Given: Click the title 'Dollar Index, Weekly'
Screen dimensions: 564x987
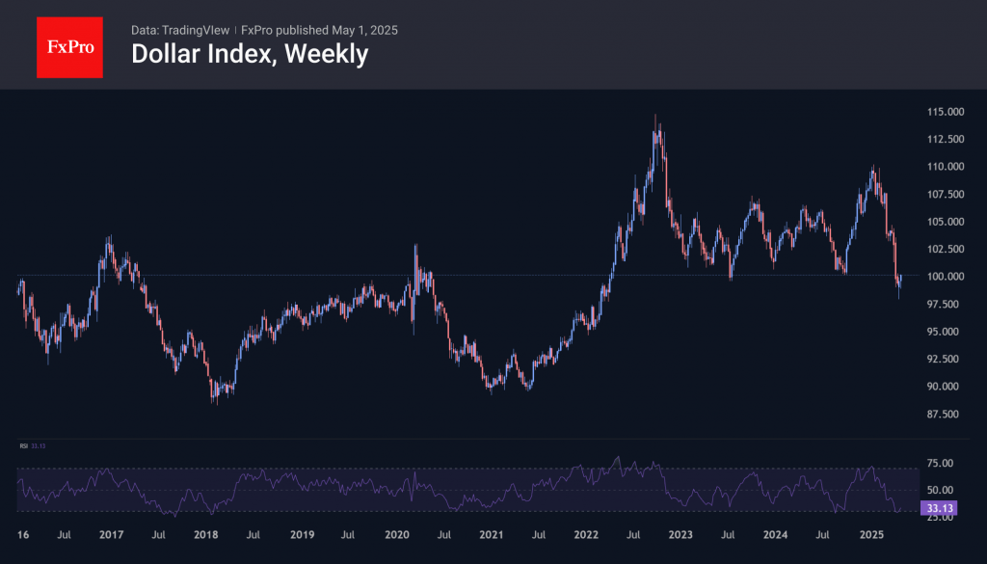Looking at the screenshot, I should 249,54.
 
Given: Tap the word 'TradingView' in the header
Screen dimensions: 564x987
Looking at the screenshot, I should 197,30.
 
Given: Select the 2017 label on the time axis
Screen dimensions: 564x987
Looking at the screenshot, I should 111,534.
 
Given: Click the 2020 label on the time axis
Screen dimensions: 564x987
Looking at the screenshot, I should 396,534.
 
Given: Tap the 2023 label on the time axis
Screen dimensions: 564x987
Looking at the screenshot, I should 681,534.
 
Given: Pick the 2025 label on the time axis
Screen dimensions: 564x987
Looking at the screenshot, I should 871,534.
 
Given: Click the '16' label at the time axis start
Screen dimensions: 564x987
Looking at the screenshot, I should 24,534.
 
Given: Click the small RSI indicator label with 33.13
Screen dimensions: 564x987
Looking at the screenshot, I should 34,445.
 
